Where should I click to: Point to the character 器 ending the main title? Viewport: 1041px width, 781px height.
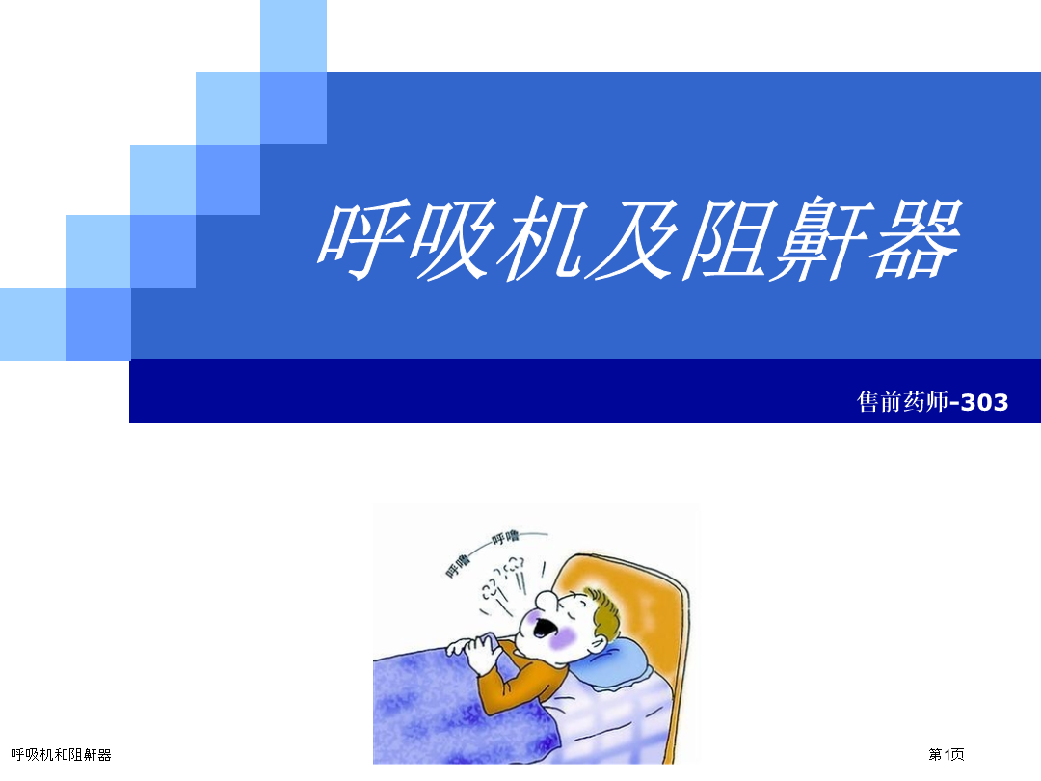pyautogui.click(x=918, y=238)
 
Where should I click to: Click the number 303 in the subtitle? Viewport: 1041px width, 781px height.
pyautogui.click(x=984, y=402)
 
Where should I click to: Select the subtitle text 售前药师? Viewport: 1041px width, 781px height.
pyautogui.click(x=903, y=402)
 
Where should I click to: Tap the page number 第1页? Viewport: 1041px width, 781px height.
pyautogui.click(x=947, y=754)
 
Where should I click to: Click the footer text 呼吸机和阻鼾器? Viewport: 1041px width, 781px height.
pyautogui.click(x=61, y=755)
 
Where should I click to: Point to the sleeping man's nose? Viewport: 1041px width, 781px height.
pyautogui.click(x=547, y=601)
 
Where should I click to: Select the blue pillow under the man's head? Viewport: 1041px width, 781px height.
pyautogui.click(x=614, y=664)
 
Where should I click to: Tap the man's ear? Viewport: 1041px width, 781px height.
pyautogui.click(x=596, y=643)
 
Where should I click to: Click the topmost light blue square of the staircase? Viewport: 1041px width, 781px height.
pyautogui.click(x=293, y=36)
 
